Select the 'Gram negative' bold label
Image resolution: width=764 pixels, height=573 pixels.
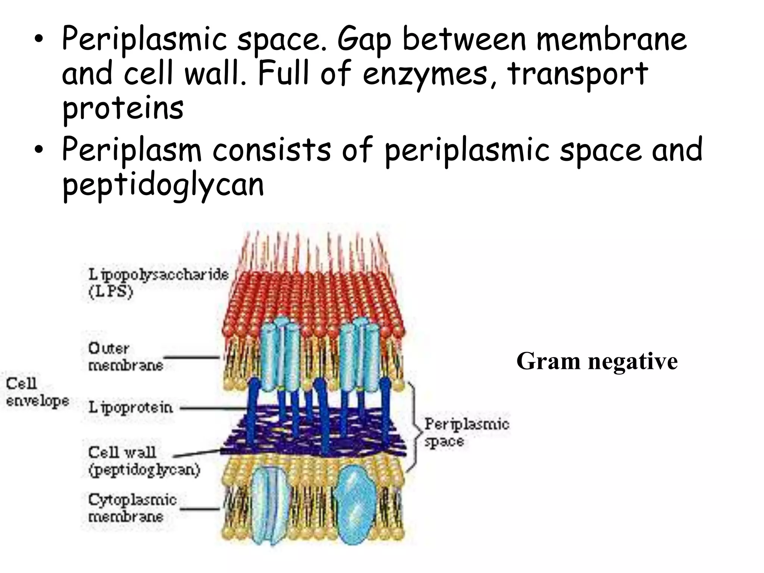point(597,361)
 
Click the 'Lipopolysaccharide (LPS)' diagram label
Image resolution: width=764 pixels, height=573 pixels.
point(158,283)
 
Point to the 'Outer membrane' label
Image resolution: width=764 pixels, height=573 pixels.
point(125,357)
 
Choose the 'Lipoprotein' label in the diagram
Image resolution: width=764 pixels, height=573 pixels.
point(131,407)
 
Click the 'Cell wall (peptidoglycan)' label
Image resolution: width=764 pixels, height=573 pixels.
point(144,461)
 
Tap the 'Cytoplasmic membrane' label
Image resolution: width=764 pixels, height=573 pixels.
point(132,508)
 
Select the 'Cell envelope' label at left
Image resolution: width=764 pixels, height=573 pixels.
point(37,392)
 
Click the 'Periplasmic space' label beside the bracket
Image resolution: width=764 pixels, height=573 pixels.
point(466,433)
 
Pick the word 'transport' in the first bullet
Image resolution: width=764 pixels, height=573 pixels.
point(577,74)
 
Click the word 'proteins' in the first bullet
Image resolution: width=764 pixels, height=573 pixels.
point(123,108)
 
